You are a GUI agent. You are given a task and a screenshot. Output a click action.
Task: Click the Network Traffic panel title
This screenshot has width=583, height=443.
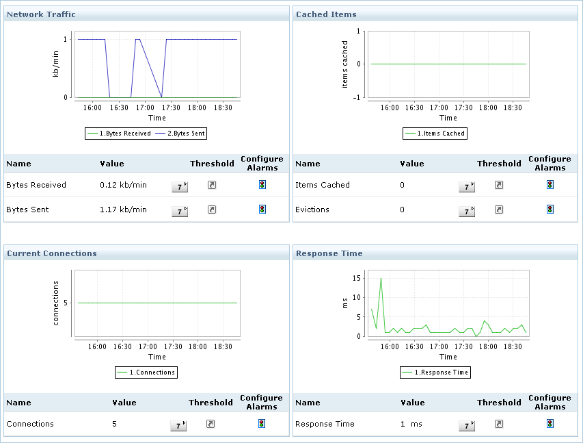(41, 14)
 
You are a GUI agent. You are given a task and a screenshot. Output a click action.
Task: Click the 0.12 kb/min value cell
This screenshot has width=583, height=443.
(123, 185)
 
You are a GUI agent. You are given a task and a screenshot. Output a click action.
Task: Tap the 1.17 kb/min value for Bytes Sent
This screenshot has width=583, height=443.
(123, 210)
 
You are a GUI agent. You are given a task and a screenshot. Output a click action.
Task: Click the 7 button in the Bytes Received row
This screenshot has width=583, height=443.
(179, 186)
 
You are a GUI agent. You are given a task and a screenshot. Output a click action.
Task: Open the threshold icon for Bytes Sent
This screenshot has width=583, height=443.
(212, 210)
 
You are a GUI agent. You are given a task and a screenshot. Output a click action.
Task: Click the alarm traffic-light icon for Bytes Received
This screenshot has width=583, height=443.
(262, 184)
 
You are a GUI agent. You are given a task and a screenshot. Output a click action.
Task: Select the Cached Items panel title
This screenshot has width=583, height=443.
(326, 14)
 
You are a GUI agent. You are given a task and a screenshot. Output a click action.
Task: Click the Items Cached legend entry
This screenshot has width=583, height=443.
(435, 134)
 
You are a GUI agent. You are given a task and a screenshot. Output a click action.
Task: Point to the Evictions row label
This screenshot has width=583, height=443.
(312, 210)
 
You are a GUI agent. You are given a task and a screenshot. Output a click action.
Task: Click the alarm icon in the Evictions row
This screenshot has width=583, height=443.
(550, 209)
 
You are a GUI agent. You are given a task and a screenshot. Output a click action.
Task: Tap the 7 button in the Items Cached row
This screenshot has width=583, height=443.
(467, 186)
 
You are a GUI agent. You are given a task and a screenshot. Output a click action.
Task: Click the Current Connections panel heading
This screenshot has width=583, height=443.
(51, 253)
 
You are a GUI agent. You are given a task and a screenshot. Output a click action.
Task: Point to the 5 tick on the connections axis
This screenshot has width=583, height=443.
(66, 303)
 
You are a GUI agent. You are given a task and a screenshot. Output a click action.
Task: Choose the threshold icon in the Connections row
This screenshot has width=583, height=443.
(211, 424)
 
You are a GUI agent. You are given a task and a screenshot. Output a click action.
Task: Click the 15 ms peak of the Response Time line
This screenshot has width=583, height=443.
(381, 278)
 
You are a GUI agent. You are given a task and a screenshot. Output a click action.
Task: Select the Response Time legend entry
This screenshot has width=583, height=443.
(435, 372)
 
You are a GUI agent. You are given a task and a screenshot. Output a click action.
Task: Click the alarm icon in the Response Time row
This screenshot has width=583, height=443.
(550, 423)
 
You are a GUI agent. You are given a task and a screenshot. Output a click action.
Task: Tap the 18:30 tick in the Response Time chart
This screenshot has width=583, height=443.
(513, 346)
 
